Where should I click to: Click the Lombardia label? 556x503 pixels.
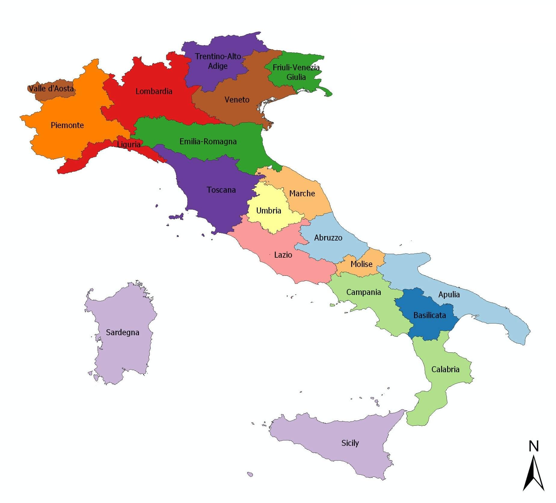154,91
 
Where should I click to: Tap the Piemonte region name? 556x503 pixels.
67,125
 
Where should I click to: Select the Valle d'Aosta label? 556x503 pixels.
51,88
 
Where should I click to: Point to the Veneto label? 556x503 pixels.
237,100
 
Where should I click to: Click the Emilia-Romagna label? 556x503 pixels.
208,141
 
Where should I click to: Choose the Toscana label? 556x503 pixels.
221,190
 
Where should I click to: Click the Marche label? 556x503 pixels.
302,193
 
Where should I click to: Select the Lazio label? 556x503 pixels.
283,255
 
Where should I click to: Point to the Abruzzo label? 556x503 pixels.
328,238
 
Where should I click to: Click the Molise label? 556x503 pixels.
361,264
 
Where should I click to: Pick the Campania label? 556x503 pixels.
364,292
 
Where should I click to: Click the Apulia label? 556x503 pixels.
449,294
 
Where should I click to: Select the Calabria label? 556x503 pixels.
445,369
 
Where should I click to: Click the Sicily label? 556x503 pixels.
350,443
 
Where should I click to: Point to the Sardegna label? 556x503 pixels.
122,332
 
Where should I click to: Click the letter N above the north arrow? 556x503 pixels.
534,446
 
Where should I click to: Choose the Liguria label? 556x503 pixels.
129,144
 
